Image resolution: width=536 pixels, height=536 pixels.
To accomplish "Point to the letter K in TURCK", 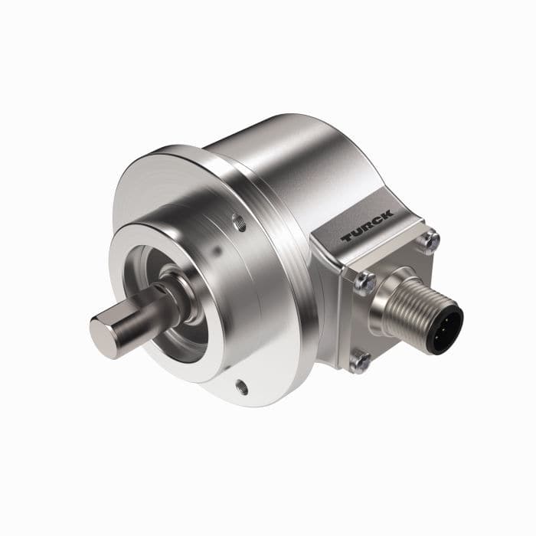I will click(388, 214).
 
